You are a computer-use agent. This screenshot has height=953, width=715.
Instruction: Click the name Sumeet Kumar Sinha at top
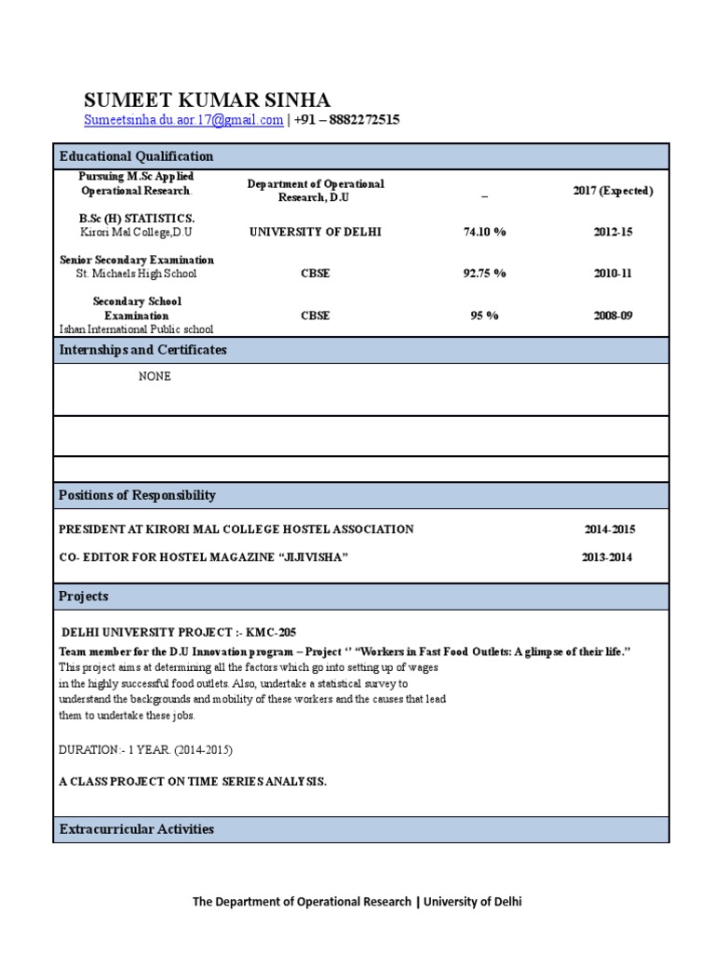(x=207, y=101)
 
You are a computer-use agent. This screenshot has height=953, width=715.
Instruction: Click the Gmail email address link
(x=183, y=120)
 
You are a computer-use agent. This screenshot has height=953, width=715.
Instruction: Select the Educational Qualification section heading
(x=136, y=156)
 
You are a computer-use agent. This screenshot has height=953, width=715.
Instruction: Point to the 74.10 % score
(x=484, y=232)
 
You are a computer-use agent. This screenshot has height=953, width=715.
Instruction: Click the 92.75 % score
(x=484, y=274)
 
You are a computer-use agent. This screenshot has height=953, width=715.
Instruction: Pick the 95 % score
(x=484, y=315)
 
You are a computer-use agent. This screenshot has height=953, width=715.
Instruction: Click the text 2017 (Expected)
(x=613, y=191)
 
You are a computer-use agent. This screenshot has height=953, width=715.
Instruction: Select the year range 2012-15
(x=613, y=232)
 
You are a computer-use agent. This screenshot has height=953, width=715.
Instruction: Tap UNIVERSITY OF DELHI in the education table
(x=315, y=232)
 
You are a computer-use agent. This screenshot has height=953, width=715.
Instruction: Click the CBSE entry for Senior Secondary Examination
(x=315, y=274)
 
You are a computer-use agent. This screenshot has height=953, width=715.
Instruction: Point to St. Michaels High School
(x=136, y=274)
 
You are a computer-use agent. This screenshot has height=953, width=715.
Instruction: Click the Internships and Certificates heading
(x=142, y=350)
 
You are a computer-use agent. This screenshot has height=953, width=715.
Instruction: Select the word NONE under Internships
(x=155, y=377)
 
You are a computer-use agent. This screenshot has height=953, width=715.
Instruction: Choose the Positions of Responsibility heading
(x=137, y=495)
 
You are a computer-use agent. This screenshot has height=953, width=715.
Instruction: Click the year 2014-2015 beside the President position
(x=610, y=530)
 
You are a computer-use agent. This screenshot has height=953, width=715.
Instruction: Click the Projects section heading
(x=84, y=597)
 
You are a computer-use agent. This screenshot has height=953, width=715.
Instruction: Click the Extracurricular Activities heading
(x=136, y=829)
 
